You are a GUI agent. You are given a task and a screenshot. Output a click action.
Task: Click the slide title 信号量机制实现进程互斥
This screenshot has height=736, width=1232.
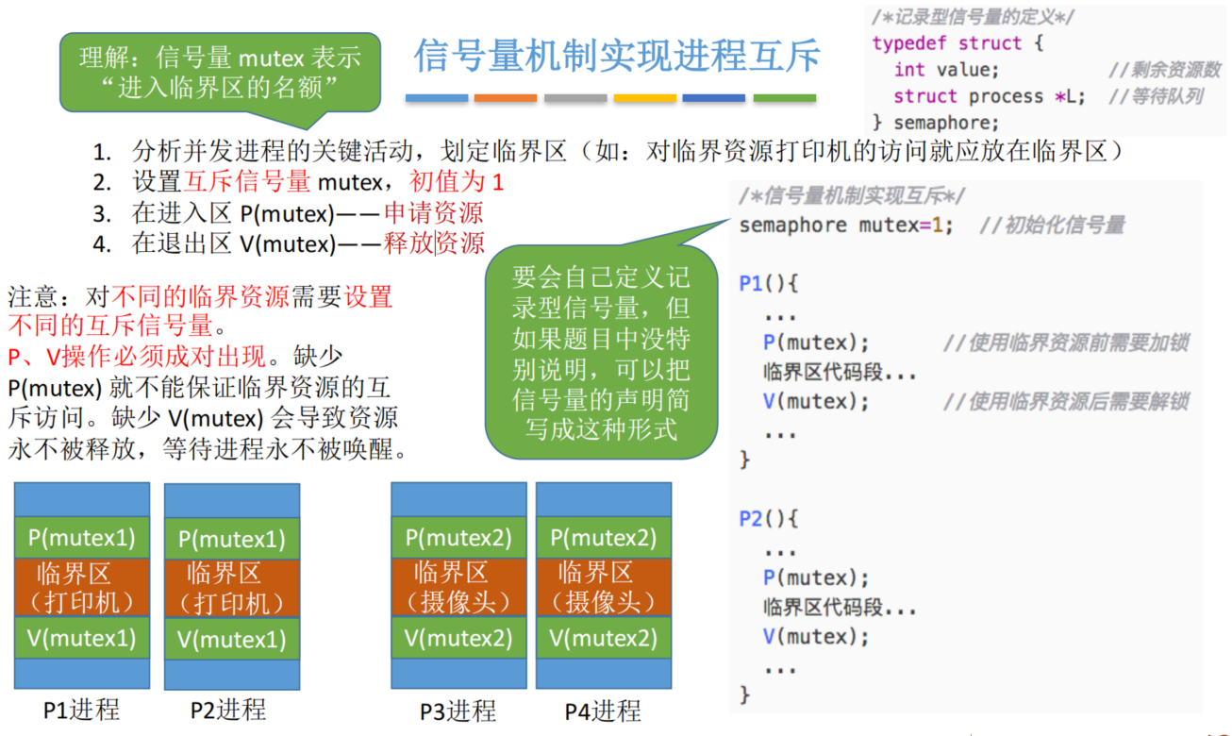tap(617, 56)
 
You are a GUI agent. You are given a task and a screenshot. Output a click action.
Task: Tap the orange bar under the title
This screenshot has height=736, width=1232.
tap(506, 98)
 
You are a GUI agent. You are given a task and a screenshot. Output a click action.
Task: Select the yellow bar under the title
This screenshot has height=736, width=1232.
tap(644, 98)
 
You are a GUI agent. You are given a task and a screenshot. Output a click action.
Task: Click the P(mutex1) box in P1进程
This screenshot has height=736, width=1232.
tap(82, 538)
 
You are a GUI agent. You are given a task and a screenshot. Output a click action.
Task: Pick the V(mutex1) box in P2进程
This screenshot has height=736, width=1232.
tap(232, 639)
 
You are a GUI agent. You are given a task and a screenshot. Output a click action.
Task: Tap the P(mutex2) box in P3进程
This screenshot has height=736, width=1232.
tap(458, 538)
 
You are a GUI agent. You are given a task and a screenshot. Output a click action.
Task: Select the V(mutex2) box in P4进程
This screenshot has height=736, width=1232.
tap(604, 638)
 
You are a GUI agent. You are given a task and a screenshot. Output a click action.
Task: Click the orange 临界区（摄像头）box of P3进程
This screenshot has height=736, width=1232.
tap(458, 588)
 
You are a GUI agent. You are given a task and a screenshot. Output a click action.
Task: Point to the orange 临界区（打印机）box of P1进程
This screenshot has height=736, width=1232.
tap(82, 588)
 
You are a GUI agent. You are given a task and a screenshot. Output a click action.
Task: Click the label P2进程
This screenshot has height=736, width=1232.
tap(228, 710)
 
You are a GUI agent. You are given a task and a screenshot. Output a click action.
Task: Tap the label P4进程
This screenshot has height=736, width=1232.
tap(603, 711)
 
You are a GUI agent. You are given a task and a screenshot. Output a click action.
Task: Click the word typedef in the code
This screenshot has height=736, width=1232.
tap(909, 42)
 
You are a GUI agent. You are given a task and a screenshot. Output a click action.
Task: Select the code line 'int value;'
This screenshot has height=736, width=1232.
tap(946, 70)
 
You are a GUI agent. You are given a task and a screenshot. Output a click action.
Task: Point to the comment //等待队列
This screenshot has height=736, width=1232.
tap(1156, 96)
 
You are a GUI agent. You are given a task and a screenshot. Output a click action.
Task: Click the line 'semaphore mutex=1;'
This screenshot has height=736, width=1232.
tap(846, 226)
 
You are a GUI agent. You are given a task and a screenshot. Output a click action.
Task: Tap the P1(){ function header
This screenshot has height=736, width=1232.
tap(769, 284)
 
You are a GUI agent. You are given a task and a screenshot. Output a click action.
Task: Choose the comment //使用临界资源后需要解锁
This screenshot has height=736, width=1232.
tap(1066, 402)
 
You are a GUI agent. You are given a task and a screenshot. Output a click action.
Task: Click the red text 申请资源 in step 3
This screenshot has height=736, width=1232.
tap(433, 213)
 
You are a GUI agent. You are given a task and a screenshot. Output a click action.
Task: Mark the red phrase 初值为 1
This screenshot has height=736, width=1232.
tap(457, 181)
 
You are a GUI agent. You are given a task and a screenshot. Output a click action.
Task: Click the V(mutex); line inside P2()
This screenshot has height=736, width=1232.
tap(816, 637)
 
